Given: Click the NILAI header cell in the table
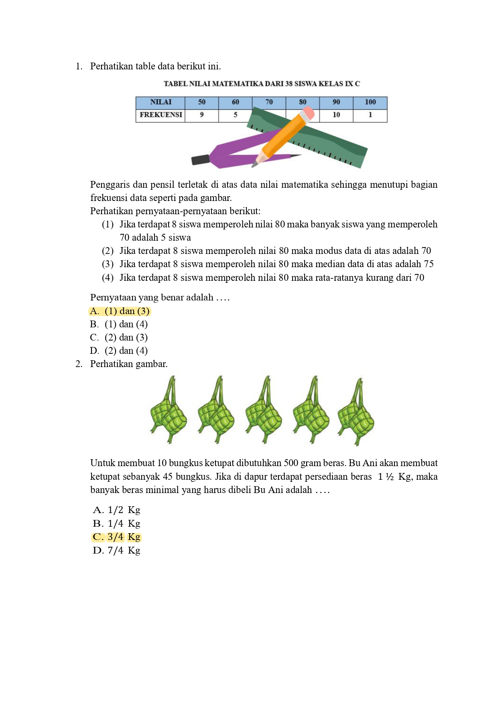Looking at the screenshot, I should point(161,102).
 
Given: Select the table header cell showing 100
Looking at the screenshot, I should point(370,102).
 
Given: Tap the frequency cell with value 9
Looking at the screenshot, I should point(201,115).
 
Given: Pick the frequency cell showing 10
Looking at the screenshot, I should point(336,115).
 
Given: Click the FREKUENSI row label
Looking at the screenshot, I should point(161,115).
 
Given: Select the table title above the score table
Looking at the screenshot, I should point(262,84).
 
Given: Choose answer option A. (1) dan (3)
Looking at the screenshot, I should point(120,311).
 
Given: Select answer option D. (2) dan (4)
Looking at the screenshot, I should point(119,351).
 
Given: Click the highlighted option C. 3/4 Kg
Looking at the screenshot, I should point(116,537).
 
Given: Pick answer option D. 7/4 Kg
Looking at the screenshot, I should point(116,550).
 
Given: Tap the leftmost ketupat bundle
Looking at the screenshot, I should point(168,411).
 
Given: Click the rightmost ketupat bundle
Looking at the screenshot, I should point(356,413).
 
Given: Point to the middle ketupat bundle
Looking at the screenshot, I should point(263,411).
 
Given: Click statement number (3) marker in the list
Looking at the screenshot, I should point(108,264).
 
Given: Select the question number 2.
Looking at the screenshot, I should point(79,364).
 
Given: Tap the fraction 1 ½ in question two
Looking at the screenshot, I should point(385,477).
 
